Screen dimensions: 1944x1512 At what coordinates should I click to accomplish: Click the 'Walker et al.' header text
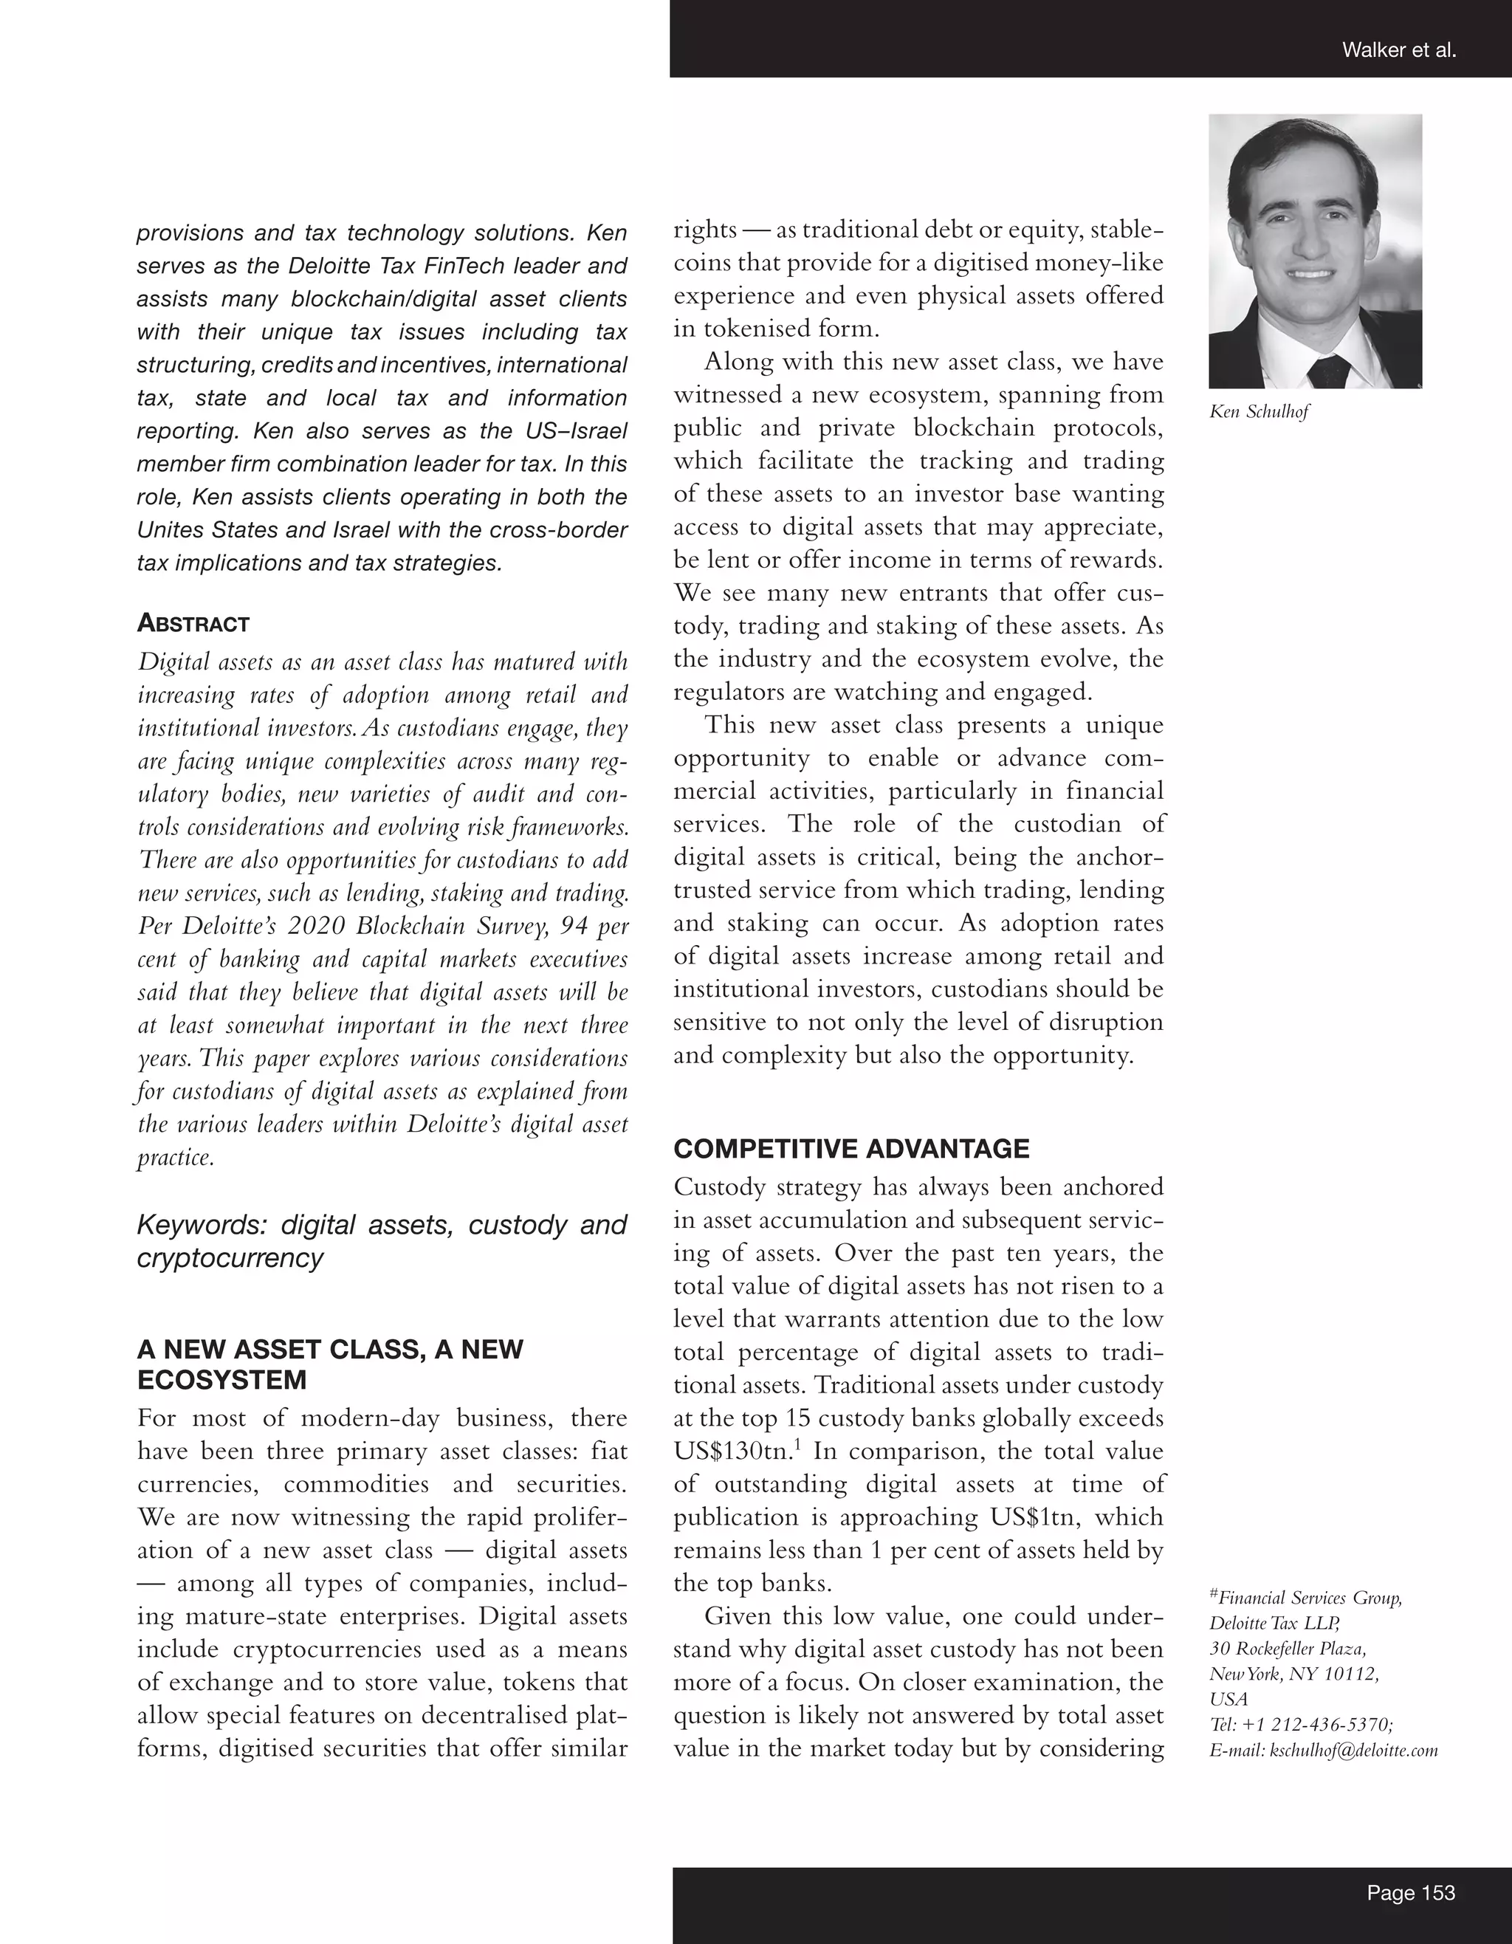coord(1398,51)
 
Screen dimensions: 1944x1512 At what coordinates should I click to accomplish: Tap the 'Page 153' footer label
coord(1411,1892)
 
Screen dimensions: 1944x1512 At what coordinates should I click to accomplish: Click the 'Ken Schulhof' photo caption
coord(1258,412)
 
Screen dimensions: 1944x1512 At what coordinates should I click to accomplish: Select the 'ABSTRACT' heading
coord(193,624)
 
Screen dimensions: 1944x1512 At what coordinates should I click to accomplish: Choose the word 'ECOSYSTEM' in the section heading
coord(221,1380)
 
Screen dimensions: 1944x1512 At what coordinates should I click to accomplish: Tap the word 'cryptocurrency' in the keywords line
coord(230,1259)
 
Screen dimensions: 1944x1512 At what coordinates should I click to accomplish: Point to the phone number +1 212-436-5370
coord(1321,1725)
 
